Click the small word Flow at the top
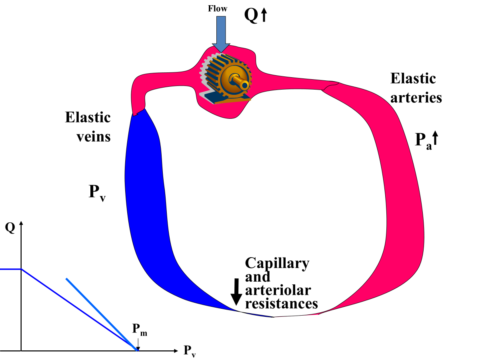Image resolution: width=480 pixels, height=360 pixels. pos(217,8)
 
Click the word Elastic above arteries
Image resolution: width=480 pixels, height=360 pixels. pos(413,78)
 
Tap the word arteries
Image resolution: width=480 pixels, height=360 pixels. pos(416,98)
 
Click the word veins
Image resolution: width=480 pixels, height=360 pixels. pos(94,137)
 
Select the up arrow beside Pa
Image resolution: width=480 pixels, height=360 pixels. pos(436,138)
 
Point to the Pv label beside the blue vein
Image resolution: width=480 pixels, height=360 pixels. pos(96,193)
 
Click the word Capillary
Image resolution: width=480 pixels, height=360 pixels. pos(277,263)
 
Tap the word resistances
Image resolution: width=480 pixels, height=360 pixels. pos(281,303)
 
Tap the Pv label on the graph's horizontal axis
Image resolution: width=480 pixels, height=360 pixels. pos(190,351)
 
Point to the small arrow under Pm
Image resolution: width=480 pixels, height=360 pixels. pos(138,344)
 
